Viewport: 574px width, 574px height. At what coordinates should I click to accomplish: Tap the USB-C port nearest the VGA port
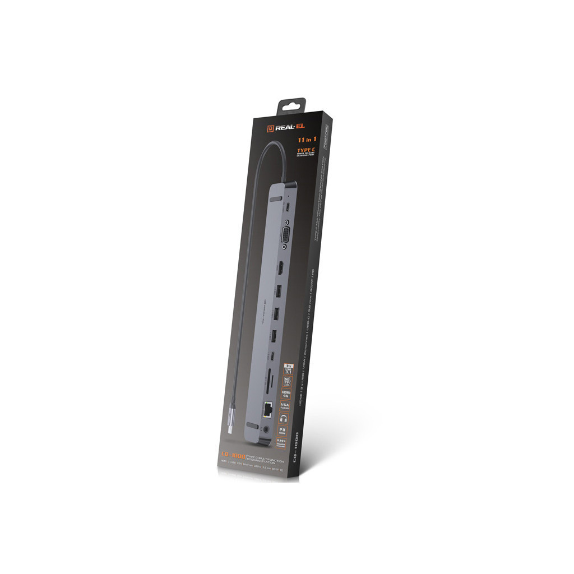click(x=287, y=206)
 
